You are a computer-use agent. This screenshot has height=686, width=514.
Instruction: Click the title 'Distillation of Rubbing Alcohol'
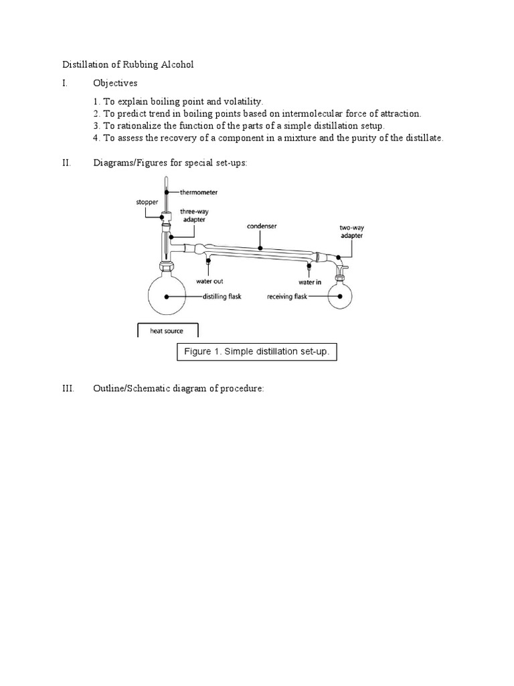tap(128, 64)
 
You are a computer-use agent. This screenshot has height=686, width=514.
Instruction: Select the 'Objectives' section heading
tap(115, 83)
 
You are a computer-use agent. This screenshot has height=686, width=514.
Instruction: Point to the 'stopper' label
tap(147, 201)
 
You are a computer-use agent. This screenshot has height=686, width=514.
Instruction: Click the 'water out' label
tap(209, 281)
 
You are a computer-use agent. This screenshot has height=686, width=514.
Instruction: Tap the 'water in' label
tap(310, 281)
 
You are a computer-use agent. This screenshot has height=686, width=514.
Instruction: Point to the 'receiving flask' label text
tap(286, 296)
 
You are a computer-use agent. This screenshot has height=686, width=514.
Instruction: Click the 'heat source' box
tap(167, 330)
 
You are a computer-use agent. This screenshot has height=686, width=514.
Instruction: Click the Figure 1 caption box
tap(257, 352)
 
